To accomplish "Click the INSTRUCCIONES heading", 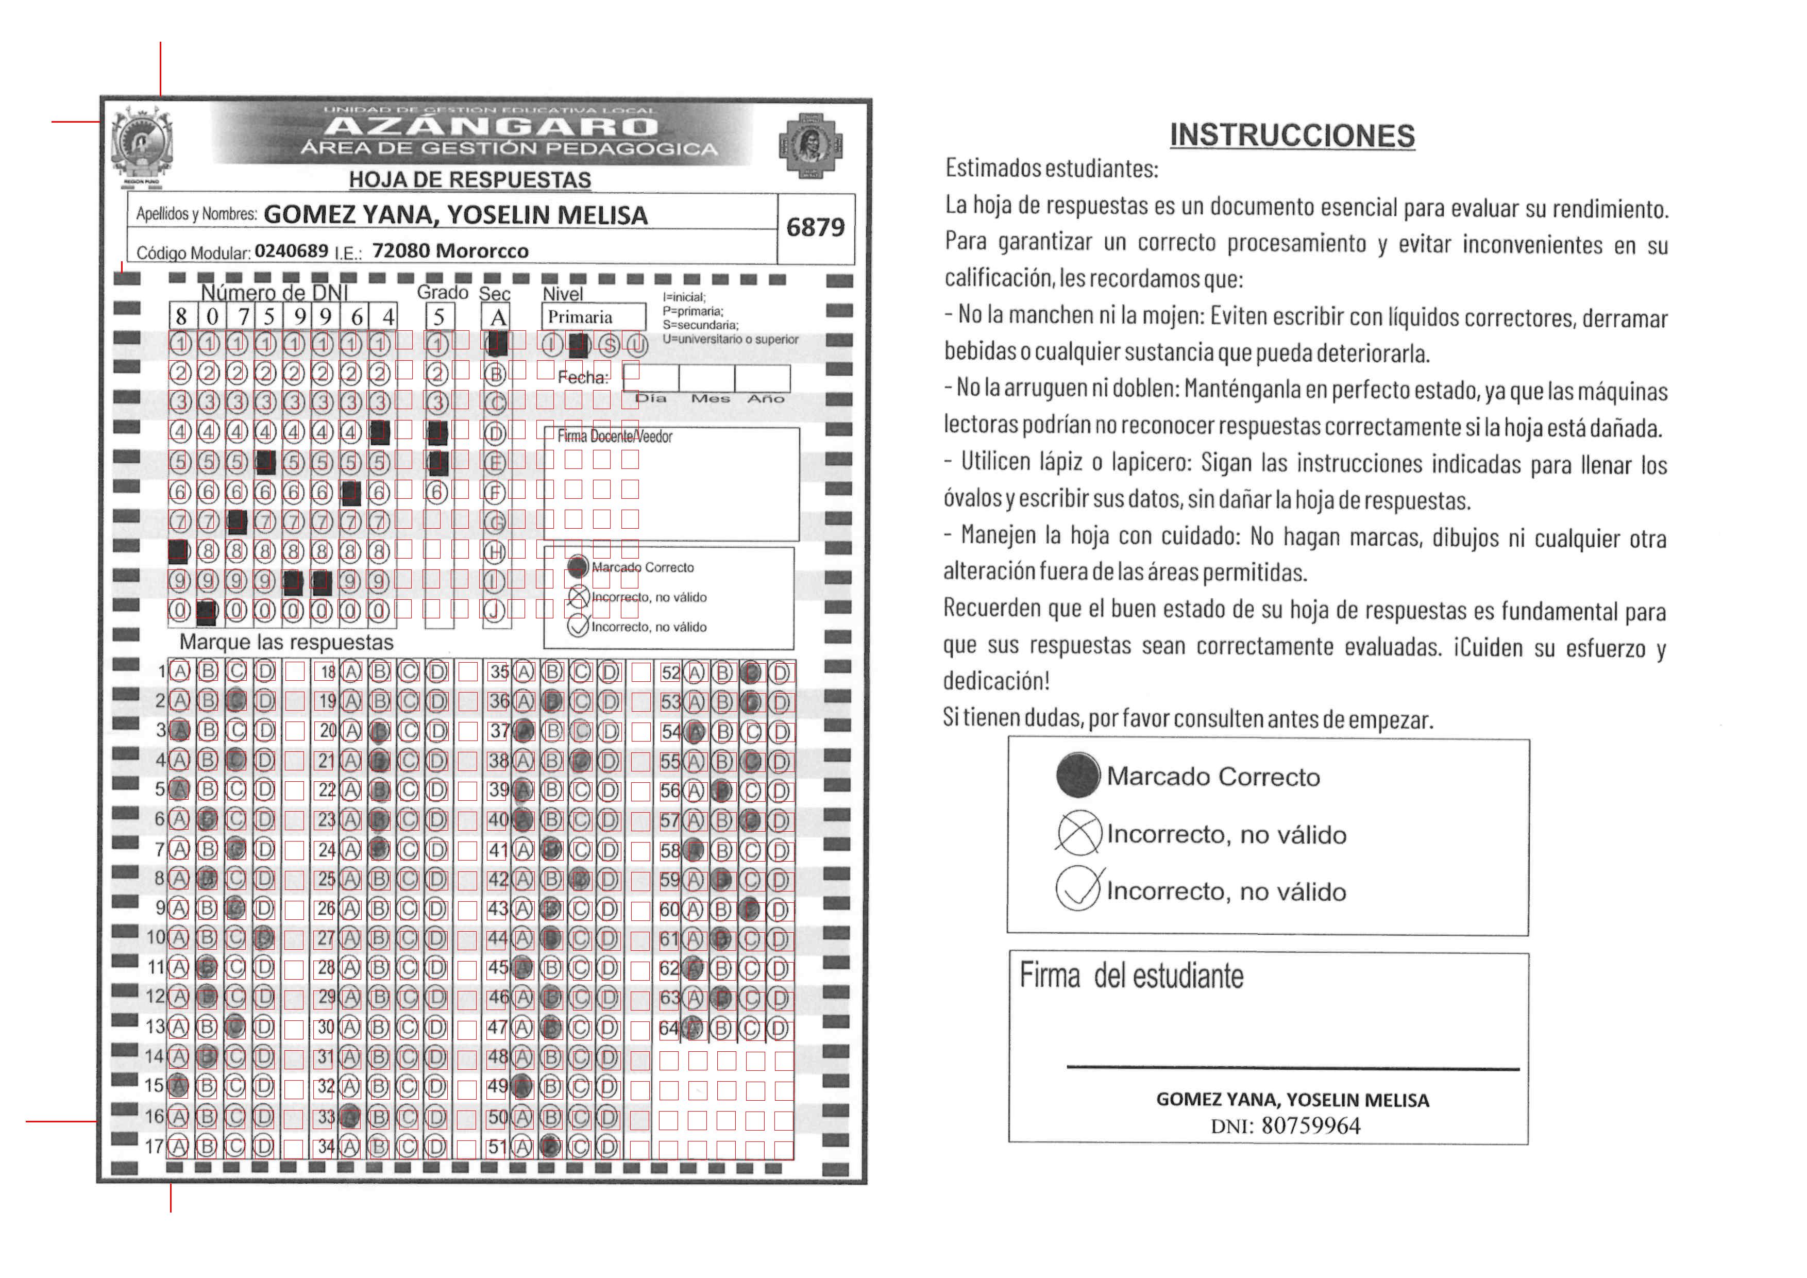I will pyautogui.click(x=1292, y=136).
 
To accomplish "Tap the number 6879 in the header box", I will pyautogui.click(x=815, y=227).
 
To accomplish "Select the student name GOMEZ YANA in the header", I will pyautogui.click(x=455, y=215).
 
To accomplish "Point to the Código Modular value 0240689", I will pyautogui.click(x=291, y=251).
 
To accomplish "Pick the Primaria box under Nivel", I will pyautogui.click(x=593, y=317).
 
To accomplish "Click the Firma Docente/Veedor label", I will pyautogui.click(x=615, y=437).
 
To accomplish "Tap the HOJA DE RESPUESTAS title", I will pyautogui.click(x=470, y=180).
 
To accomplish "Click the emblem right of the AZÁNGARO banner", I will pyautogui.click(x=810, y=145).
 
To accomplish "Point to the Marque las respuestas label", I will pyautogui.click(x=286, y=642).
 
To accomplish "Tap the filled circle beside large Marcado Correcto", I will pyautogui.click(x=1077, y=775).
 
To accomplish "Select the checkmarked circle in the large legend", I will pyautogui.click(x=1077, y=889).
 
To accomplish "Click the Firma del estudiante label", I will pyautogui.click(x=1131, y=977).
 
